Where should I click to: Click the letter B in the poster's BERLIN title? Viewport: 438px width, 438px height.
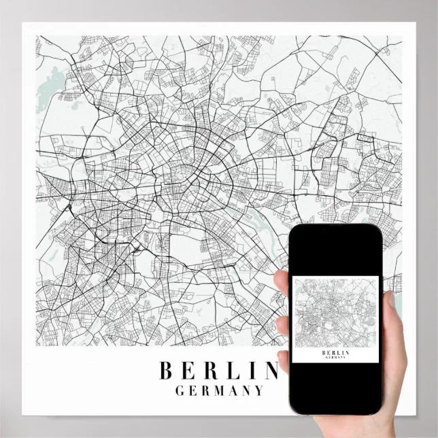pyautogui.click(x=165, y=371)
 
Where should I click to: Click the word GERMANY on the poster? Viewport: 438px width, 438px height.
pyautogui.click(x=219, y=391)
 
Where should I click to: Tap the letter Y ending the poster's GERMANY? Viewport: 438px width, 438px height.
pyautogui.click(x=258, y=391)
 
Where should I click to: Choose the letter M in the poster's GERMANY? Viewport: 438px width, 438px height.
pyautogui.click(x=219, y=391)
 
